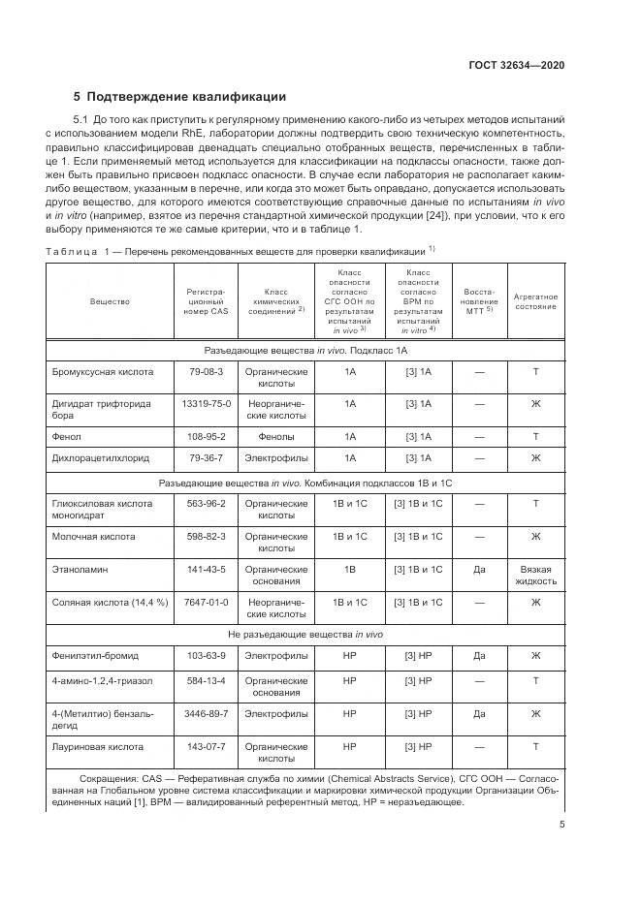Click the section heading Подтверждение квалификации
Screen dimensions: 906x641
185,96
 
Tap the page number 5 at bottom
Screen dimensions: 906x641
561,825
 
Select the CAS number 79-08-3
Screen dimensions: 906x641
206,371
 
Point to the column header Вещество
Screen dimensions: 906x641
110,301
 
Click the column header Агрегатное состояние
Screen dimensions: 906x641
535,300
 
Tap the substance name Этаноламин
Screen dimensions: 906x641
79,569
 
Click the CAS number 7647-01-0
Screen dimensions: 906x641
206,602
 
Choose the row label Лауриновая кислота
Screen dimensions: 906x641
97,747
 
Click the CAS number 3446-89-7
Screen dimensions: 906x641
206,714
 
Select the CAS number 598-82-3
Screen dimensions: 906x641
206,536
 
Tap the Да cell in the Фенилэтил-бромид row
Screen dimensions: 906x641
478,656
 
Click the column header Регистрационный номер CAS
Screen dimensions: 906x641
206,301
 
